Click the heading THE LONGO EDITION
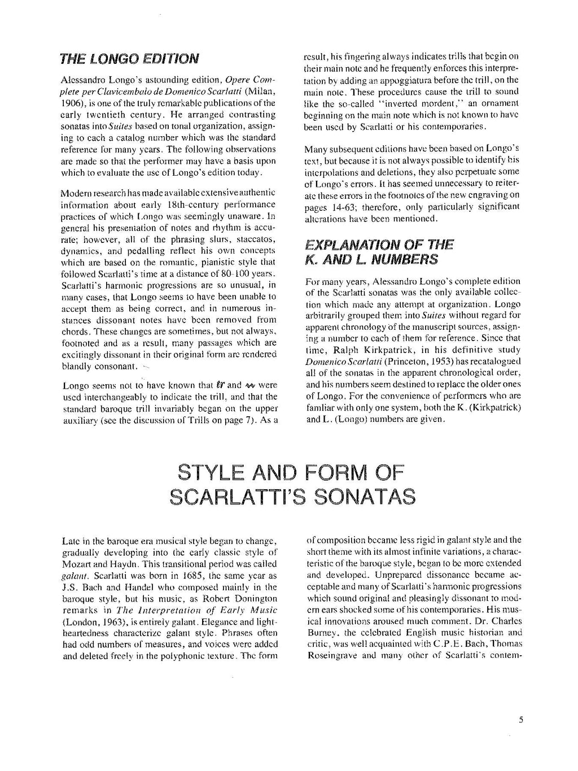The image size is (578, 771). [130, 58]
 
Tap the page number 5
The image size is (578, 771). [521, 720]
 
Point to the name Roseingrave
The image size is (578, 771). [331, 656]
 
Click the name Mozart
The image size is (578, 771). [77, 564]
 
